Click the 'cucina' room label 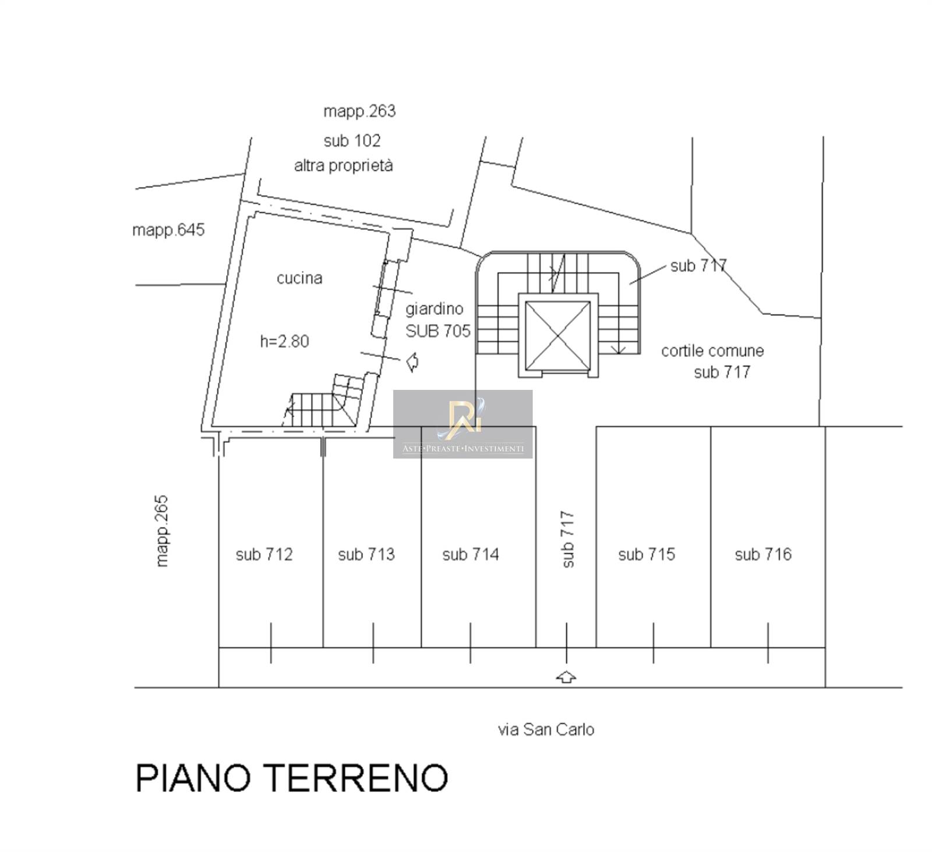(x=299, y=278)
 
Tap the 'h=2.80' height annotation (x=284, y=341)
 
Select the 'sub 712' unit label (x=264, y=554)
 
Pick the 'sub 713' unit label (x=366, y=554)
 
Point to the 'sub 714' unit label (x=471, y=554)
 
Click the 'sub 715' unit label (x=647, y=554)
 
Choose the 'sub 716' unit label (x=763, y=554)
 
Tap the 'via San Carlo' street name (x=546, y=730)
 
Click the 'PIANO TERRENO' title (x=292, y=777)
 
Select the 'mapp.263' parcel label (x=359, y=111)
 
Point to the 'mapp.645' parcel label (x=168, y=230)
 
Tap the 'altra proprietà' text (x=344, y=166)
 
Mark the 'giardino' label (x=435, y=309)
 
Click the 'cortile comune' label (x=712, y=351)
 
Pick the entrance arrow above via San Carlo (x=567, y=677)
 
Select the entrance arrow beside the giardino (x=412, y=362)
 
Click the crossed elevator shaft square (x=558, y=335)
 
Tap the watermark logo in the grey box (x=463, y=417)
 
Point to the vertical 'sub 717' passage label (x=568, y=539)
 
